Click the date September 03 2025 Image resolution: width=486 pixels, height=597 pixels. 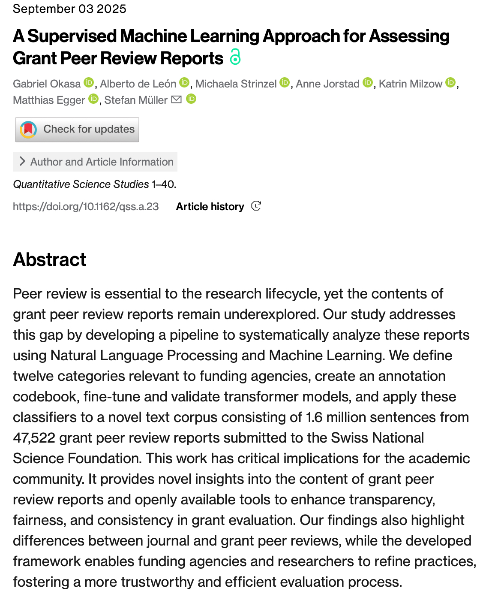[69, 9]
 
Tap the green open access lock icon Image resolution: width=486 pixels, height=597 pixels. [235, 57]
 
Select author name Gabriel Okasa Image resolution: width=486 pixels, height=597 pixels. [47, 84]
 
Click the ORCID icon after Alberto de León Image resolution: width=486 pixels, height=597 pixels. [184, 82]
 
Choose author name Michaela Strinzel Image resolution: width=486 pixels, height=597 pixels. [236, 84]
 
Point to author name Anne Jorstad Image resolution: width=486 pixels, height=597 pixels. [327, 84]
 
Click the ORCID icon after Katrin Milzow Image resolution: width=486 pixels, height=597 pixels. [450, 82]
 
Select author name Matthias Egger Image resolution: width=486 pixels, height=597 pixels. [49, 100]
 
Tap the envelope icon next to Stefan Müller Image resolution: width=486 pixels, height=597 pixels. [176, 99]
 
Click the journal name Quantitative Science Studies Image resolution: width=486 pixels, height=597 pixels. [81, 184]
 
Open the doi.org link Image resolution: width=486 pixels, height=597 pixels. [86, 206]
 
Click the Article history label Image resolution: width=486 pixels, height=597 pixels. [210, 206]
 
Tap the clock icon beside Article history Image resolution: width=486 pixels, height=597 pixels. [256, 206]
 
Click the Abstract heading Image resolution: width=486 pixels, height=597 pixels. [50, 259]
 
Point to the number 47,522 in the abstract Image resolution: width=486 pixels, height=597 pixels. [34, 437]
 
